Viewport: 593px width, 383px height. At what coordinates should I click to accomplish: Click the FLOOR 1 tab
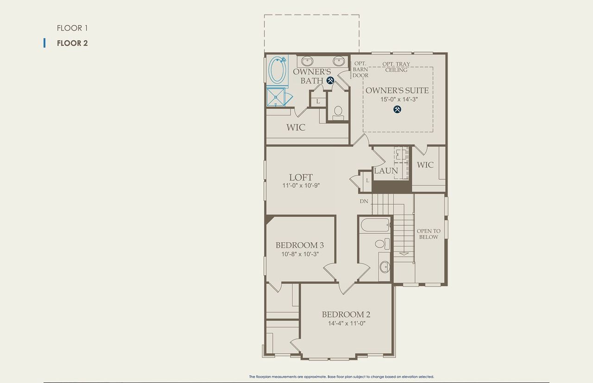72,28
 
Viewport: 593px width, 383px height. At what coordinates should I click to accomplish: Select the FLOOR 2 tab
72,43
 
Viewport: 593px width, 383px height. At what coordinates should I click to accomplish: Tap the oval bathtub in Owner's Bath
278,70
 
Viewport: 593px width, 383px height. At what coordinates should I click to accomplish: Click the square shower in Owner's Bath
277,97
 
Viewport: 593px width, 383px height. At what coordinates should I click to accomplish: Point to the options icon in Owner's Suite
397,109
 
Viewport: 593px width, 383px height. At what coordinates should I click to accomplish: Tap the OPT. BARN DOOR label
360,69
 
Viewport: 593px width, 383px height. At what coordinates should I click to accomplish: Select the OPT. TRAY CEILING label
396,67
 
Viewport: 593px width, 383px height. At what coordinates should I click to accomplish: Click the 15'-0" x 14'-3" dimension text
397,99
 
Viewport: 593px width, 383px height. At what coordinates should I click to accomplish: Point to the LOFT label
301,177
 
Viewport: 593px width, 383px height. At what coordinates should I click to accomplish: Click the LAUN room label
386,171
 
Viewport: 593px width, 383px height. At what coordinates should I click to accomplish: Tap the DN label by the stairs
364,201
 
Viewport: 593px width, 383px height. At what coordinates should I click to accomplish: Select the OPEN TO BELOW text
429,234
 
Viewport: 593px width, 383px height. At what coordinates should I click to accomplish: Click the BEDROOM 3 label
299,245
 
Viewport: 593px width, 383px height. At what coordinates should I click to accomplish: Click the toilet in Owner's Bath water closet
338,112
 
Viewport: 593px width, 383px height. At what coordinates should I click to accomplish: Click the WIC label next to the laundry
425,165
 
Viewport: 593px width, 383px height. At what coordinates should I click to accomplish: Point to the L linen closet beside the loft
367,180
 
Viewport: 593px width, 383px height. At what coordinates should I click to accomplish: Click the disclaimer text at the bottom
341,377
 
